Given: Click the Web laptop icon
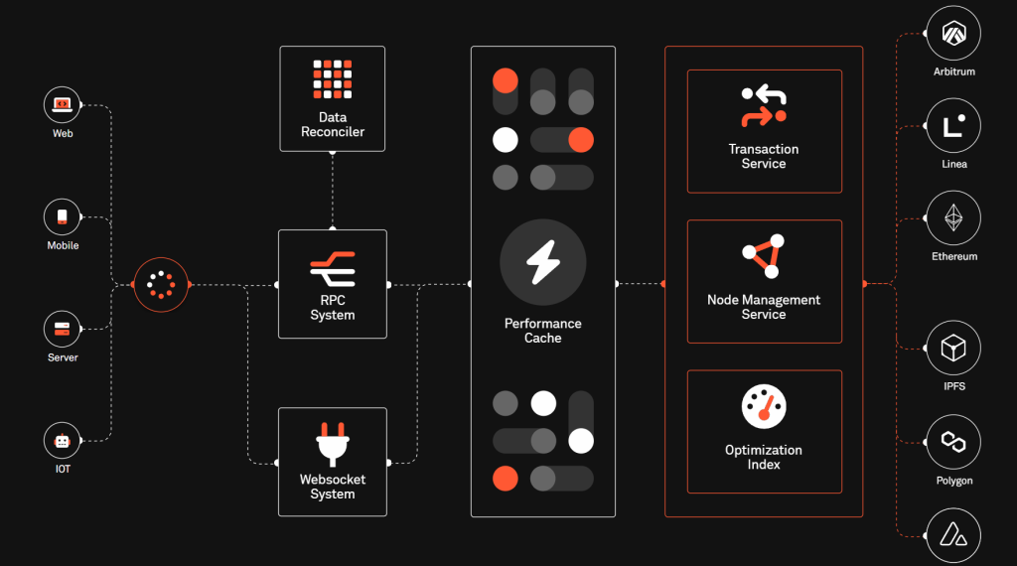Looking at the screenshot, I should point(62,103).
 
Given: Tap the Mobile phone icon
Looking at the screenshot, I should point(62,215).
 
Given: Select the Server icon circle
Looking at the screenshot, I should point(62,328).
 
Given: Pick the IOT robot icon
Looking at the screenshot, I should point(62,440).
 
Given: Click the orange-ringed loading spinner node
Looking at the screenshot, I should point(160,284).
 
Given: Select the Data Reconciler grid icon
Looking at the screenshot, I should point(333,79).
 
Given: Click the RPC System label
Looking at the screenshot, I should point(333,308).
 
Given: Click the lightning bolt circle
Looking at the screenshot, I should point(543,263).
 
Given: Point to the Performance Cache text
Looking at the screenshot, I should point(543,331).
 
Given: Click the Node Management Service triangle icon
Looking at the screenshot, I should point(764,257).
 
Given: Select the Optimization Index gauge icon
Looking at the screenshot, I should point(764,407).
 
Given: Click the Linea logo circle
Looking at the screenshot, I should point(953,126).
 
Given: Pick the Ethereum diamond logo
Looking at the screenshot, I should point(953,218).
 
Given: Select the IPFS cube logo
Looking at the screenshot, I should point(953,349).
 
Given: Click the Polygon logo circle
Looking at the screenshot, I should point(953,442).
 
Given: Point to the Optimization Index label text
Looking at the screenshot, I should point(764,457).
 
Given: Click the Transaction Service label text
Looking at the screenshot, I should point(764,156).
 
